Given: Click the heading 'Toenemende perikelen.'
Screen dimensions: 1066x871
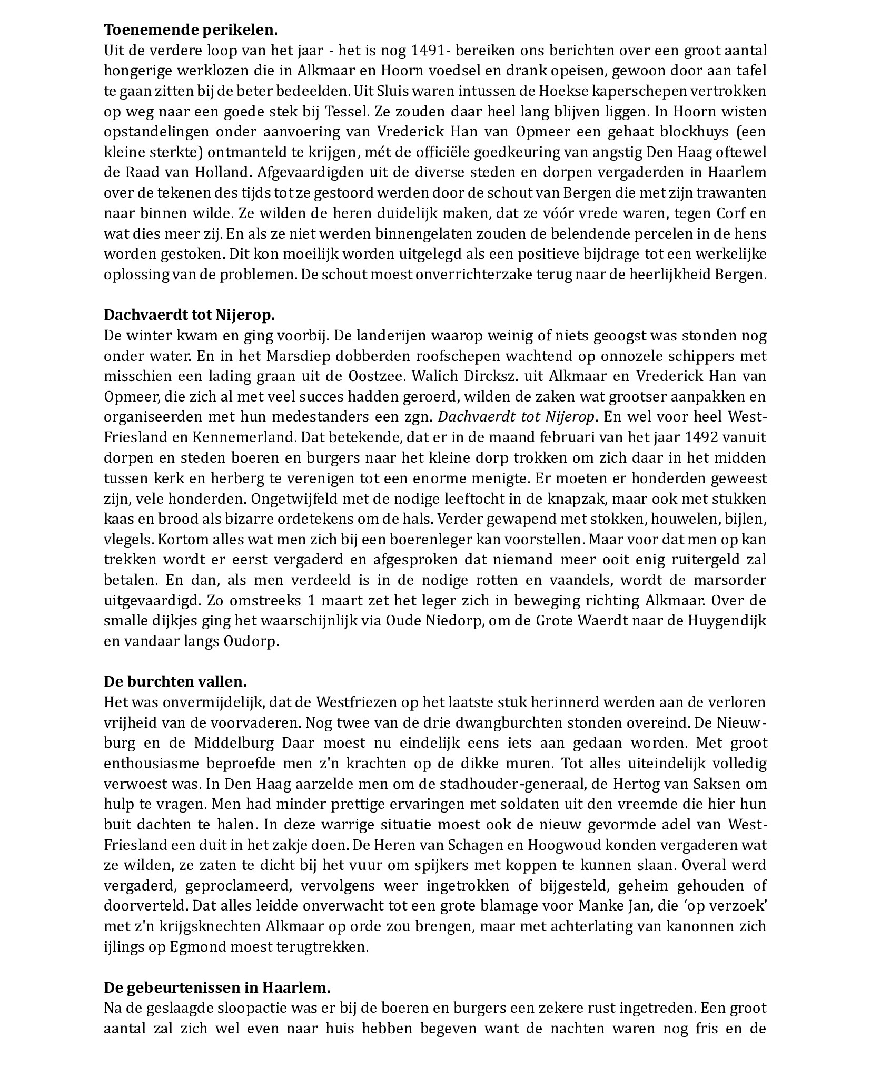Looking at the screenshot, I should coord(190,30).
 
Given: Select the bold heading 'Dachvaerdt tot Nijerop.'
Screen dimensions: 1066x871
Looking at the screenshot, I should coord(189,315).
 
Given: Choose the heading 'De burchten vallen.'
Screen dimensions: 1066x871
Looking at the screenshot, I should coord(175,681).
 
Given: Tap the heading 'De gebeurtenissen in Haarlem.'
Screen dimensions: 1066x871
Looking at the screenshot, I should coord(216,987).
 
